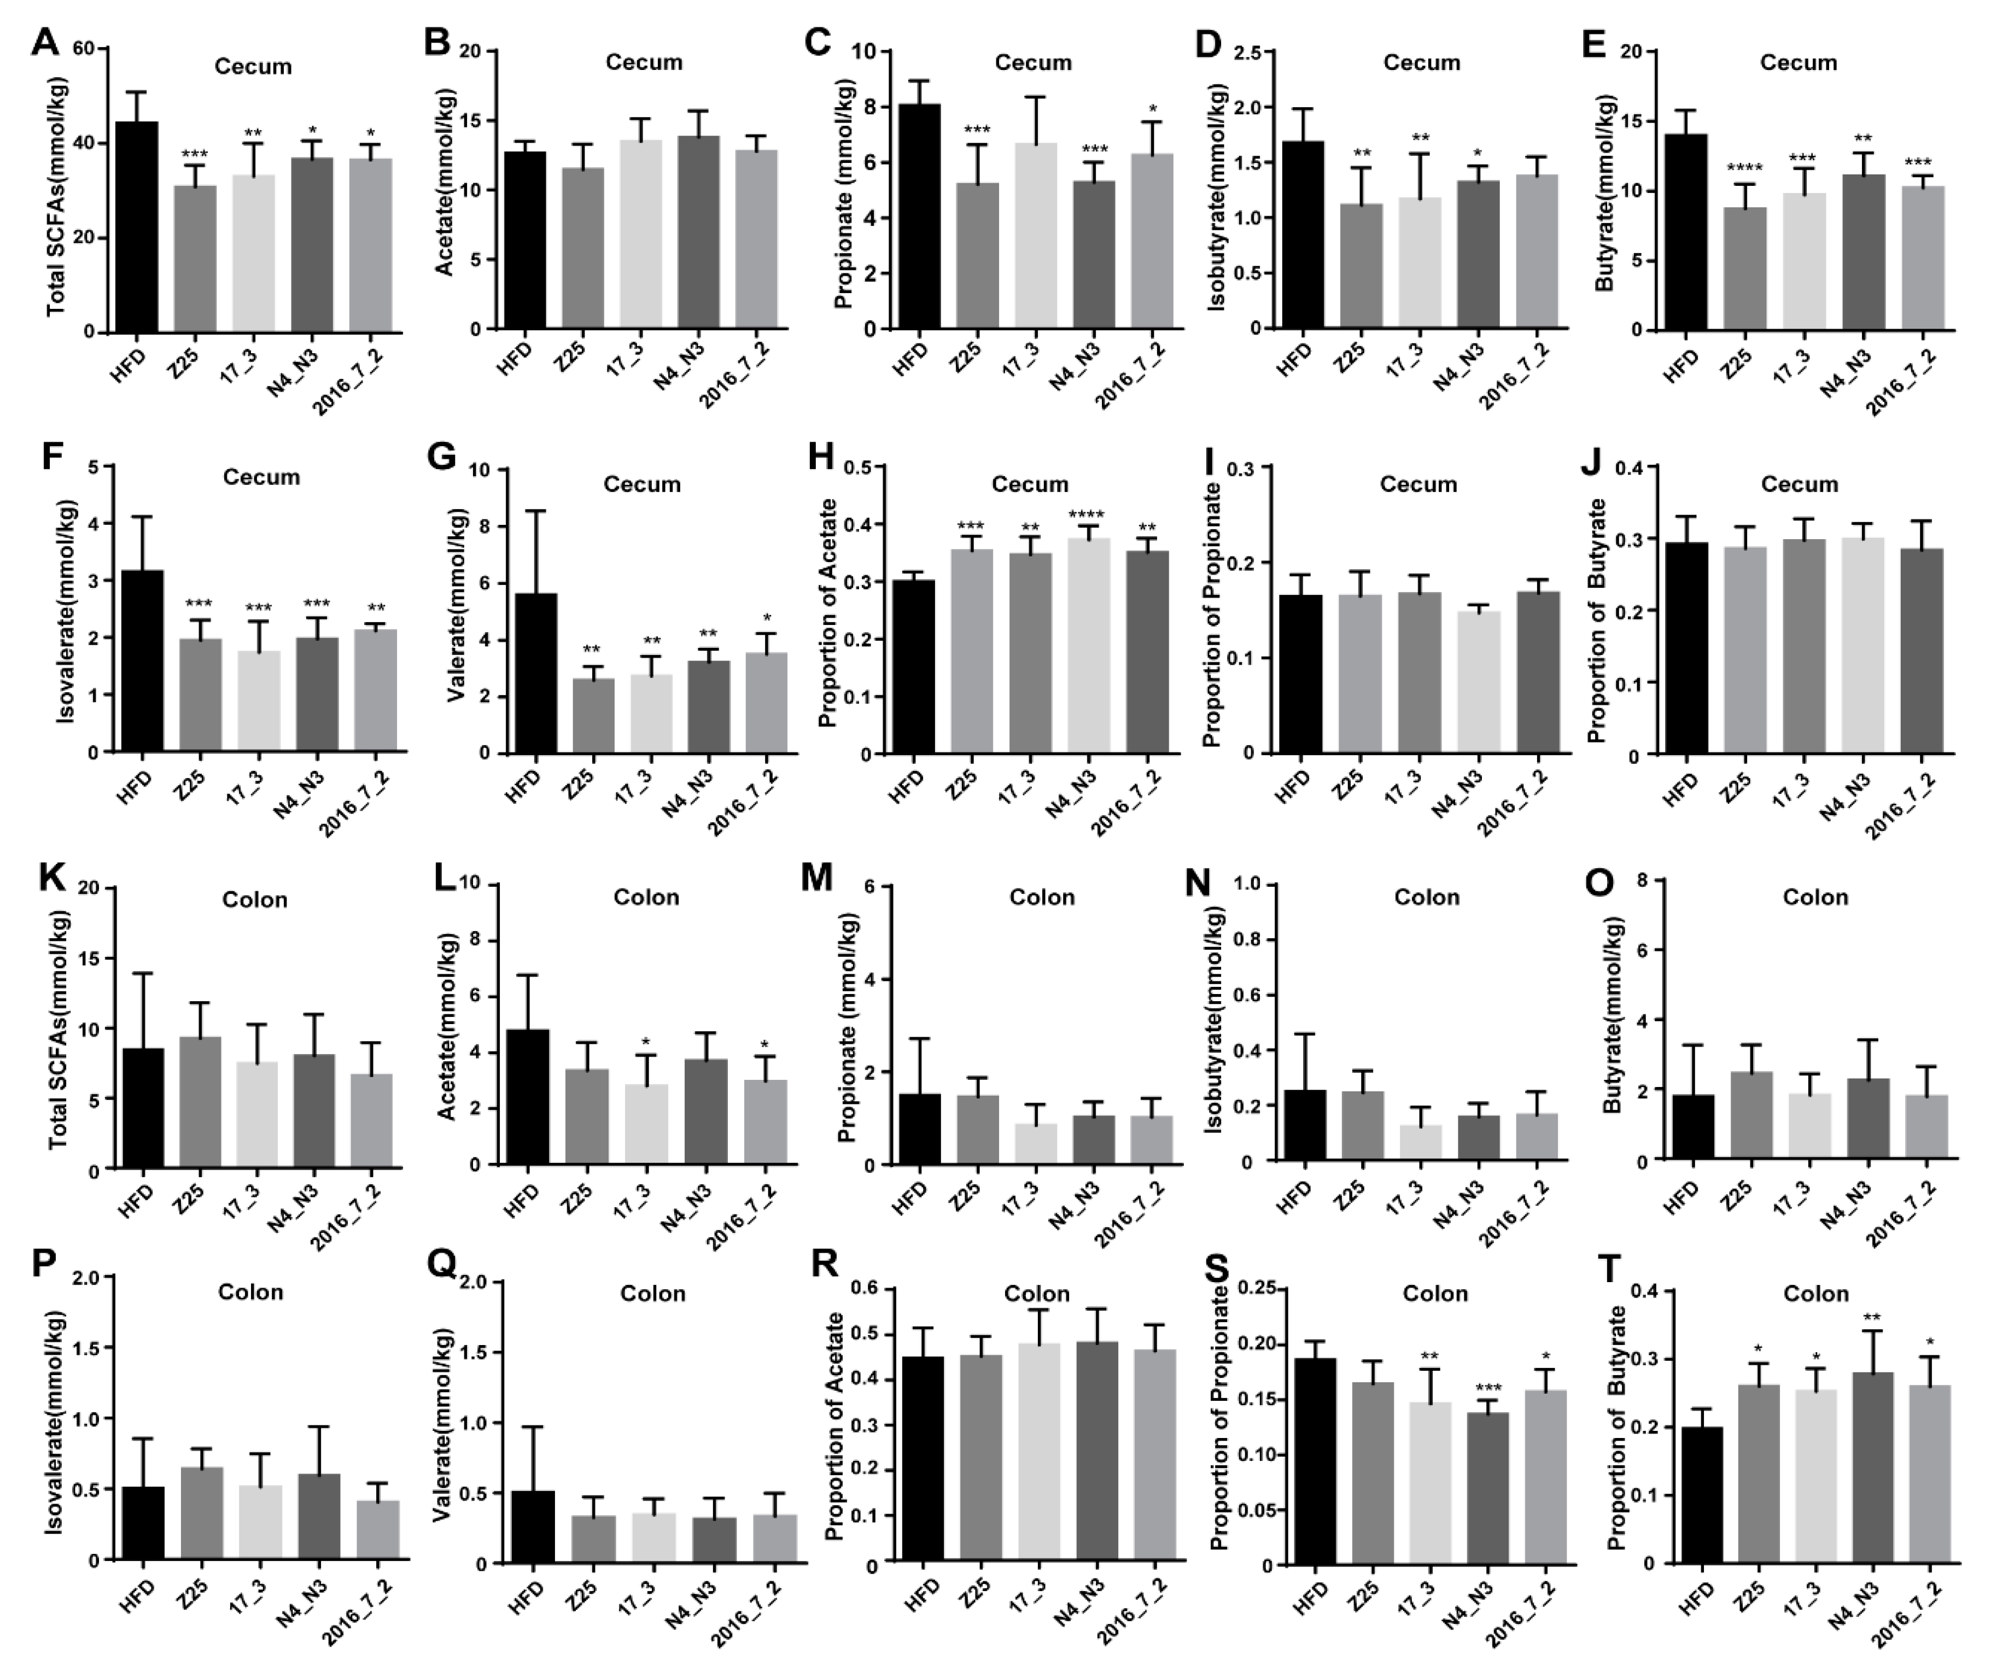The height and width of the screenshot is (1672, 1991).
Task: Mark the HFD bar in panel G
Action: tap(535, 673)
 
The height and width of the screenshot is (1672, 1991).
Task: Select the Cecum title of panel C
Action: tap(1032, 62)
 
